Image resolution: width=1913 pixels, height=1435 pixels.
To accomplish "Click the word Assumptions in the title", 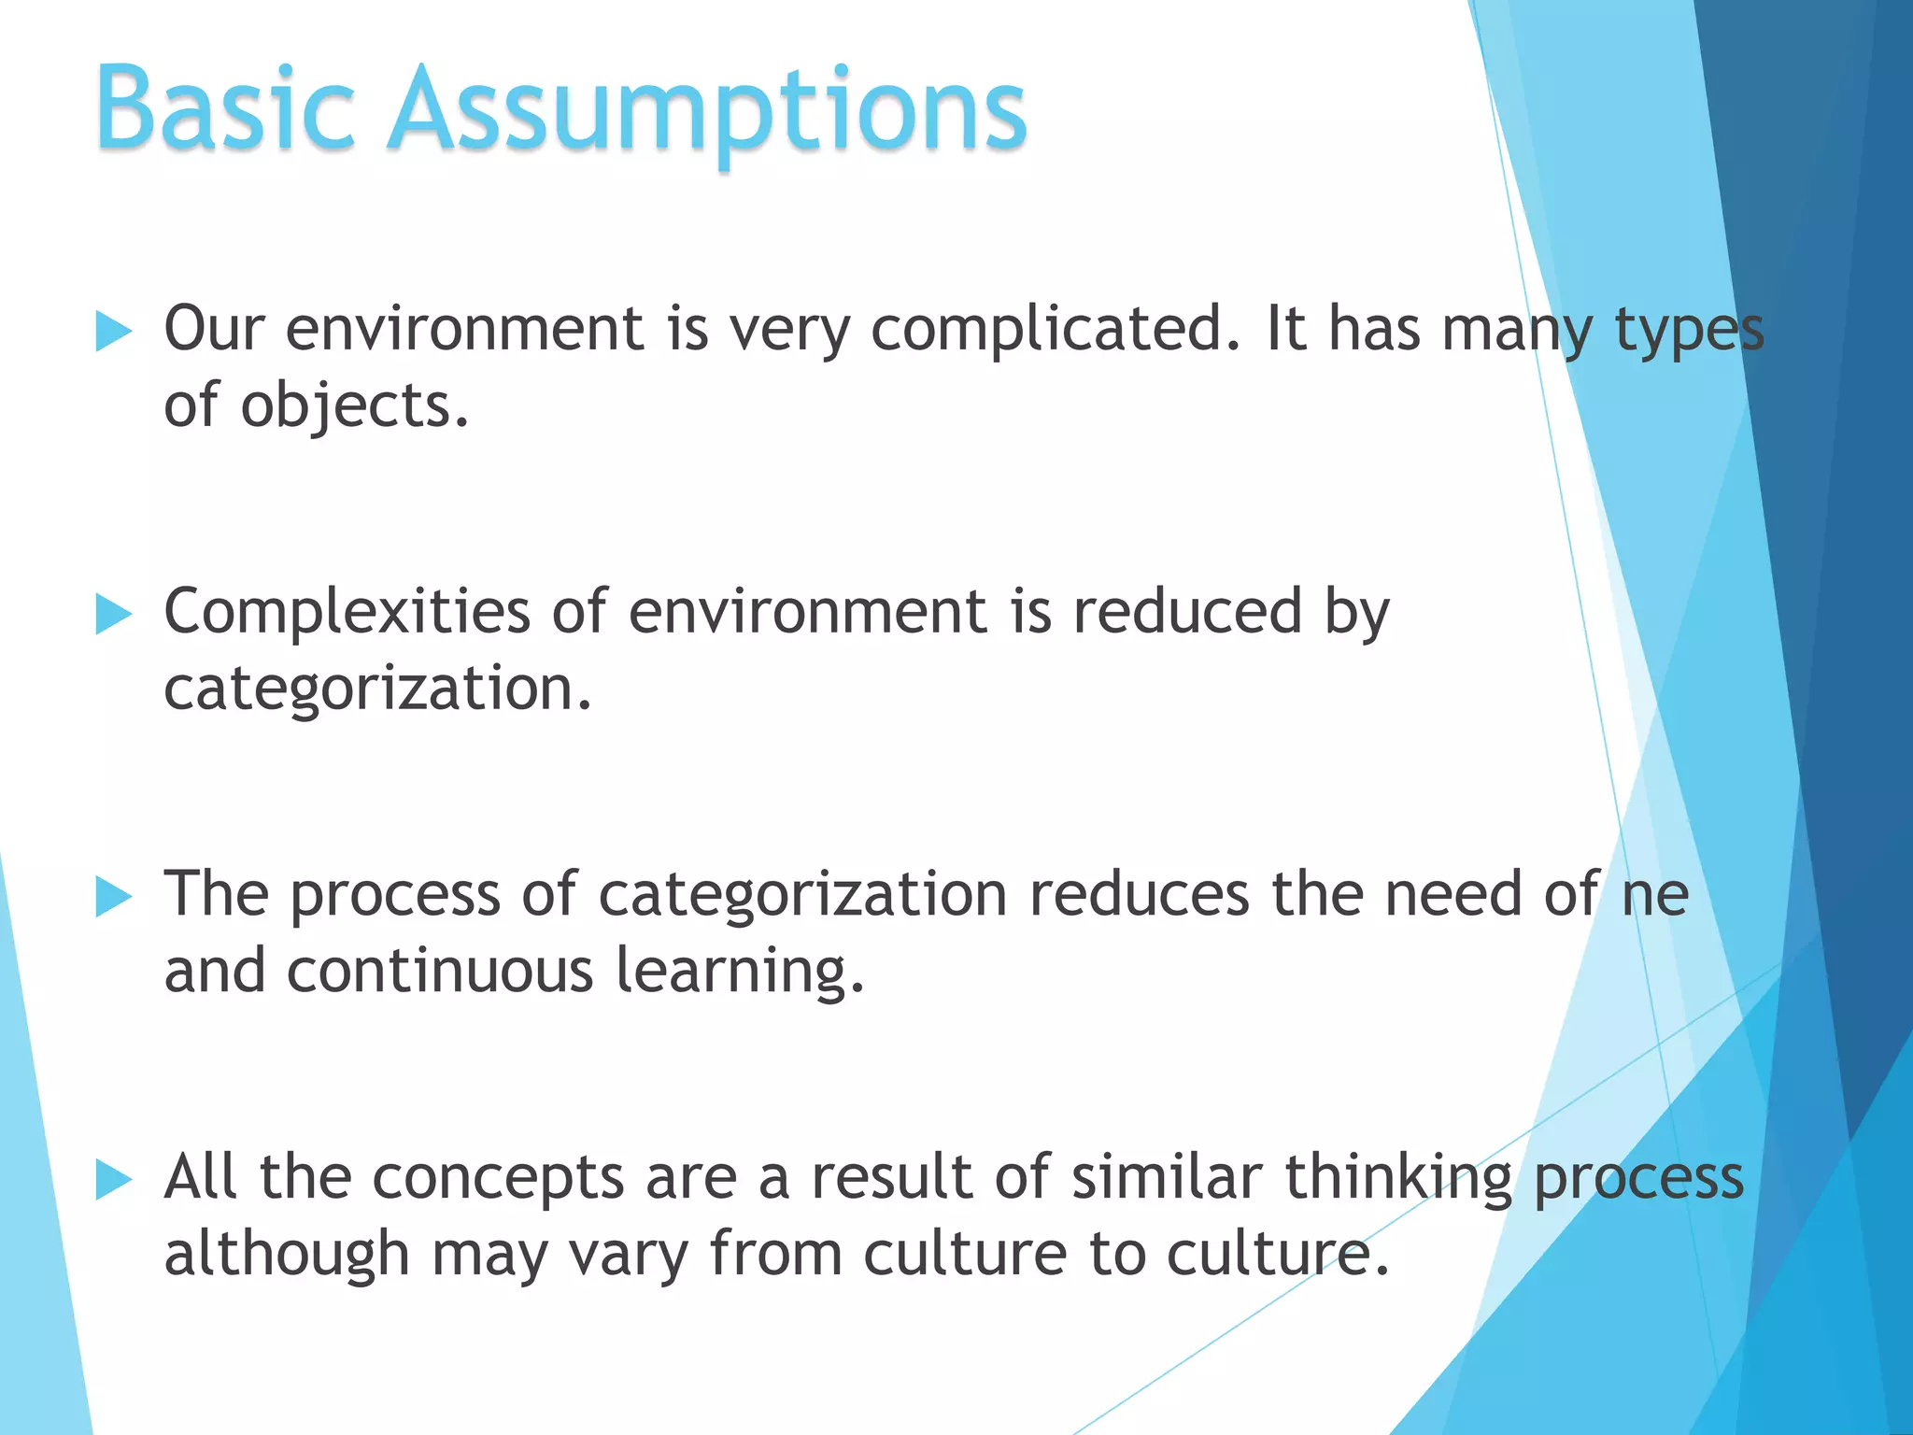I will tap(707, 110).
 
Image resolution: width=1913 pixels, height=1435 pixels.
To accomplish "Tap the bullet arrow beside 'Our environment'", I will tap(113, 332).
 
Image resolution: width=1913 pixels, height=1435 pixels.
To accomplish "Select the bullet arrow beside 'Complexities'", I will tap(113, 615).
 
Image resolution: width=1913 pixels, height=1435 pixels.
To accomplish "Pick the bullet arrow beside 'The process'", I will tap(113, 898).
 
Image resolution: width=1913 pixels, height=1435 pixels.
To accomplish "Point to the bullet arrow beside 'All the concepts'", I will tap(113, 1180).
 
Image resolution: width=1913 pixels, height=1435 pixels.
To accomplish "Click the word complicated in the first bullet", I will tap(1056, 331).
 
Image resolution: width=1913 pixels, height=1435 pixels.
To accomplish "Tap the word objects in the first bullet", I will tap(354, 407).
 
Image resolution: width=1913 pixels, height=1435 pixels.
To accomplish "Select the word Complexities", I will tap(347, 614).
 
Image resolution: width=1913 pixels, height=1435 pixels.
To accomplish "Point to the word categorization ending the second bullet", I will tap(377, 689).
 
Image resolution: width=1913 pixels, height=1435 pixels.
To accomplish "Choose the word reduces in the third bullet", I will tap(1139, 895).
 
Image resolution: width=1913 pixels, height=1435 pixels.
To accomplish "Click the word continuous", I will tap(440, 971).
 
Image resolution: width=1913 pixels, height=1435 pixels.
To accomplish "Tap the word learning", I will tap(739, 973).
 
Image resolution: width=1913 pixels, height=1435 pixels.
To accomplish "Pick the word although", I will tap(287, 1255).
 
